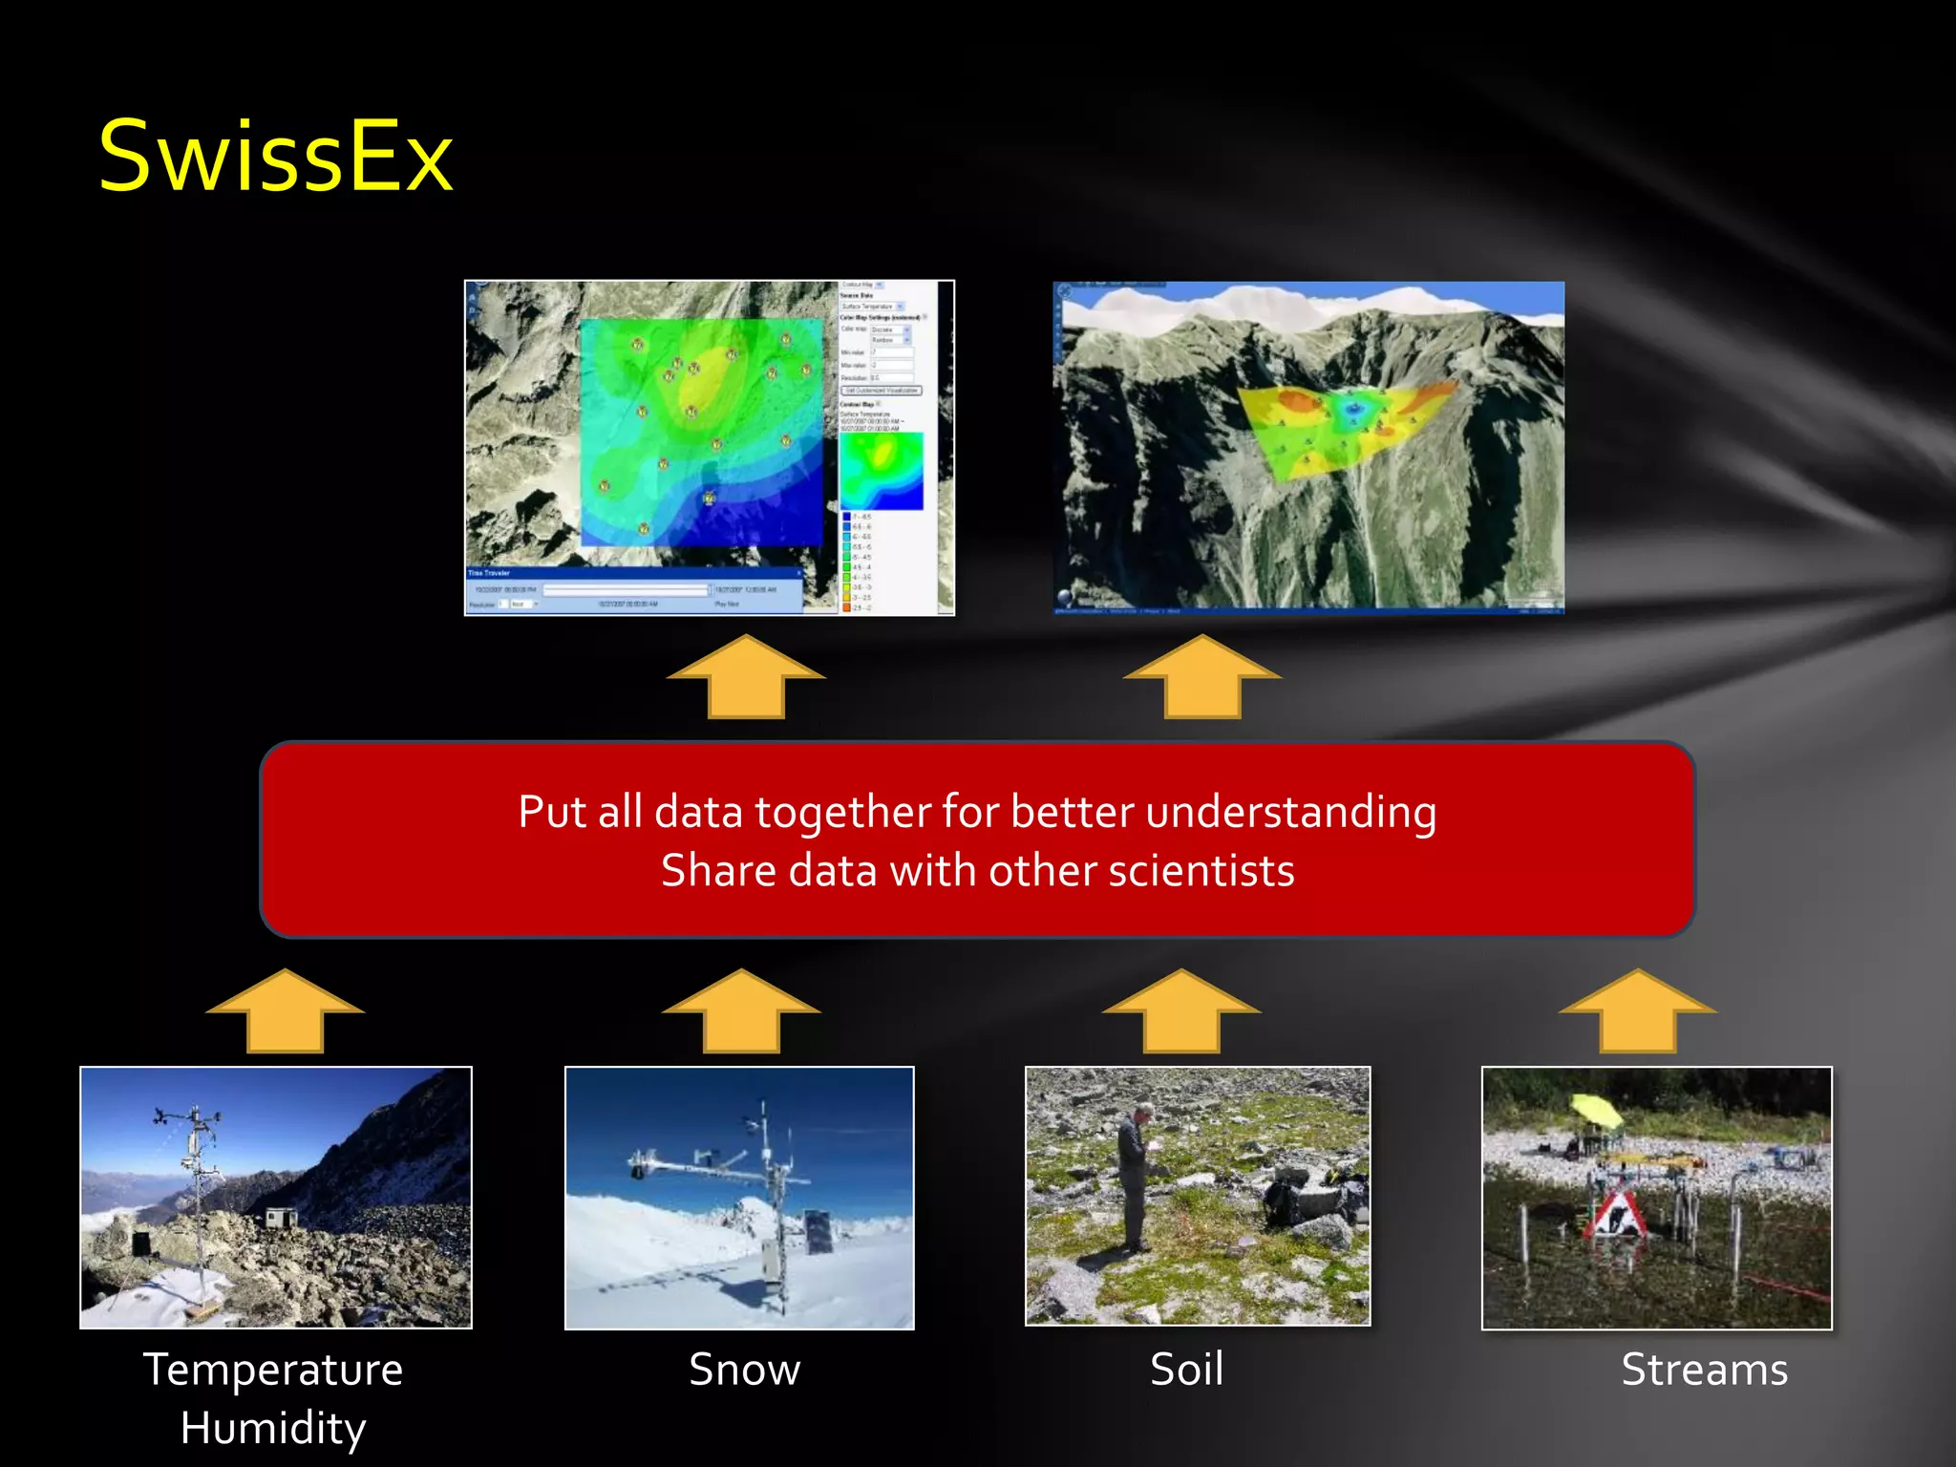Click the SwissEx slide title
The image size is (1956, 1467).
[x=275, y=157]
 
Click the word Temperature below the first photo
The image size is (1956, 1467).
[x=273, y=1370]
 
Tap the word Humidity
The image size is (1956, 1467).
[x=273, y=1428]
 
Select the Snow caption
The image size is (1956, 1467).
[x=744, y=1370]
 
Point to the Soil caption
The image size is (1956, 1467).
[x=1186, y=1370]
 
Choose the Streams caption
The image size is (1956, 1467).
[x=1704, y=1370]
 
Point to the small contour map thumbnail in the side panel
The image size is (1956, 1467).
[x=882, y=471]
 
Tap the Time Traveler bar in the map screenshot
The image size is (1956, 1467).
[x=633, y=573]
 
